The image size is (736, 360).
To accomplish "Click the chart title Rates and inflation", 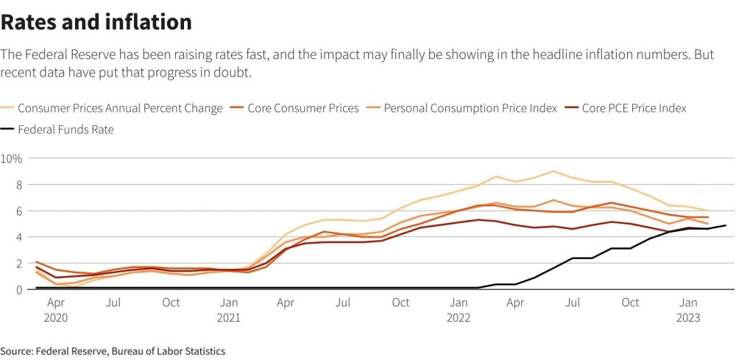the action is coord(96,21).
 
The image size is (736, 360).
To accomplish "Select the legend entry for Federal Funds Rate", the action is coord(57,130).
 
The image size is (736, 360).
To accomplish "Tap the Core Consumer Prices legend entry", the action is coord(294,108).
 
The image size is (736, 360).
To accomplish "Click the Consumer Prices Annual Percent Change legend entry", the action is coord(111,108).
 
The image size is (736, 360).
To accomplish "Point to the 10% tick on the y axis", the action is coord(11,158).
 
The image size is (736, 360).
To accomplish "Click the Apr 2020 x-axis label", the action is coord(56,310).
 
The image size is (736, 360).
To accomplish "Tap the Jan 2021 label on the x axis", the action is coord(229,310).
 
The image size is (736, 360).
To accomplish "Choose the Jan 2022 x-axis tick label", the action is coord(459,310).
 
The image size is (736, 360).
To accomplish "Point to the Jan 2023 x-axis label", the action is coord(688,310).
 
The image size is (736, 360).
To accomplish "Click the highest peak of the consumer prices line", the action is coord(553,172).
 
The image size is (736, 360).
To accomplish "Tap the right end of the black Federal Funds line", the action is coord(726,225).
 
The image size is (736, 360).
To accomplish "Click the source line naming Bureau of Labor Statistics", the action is coord(113,351).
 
